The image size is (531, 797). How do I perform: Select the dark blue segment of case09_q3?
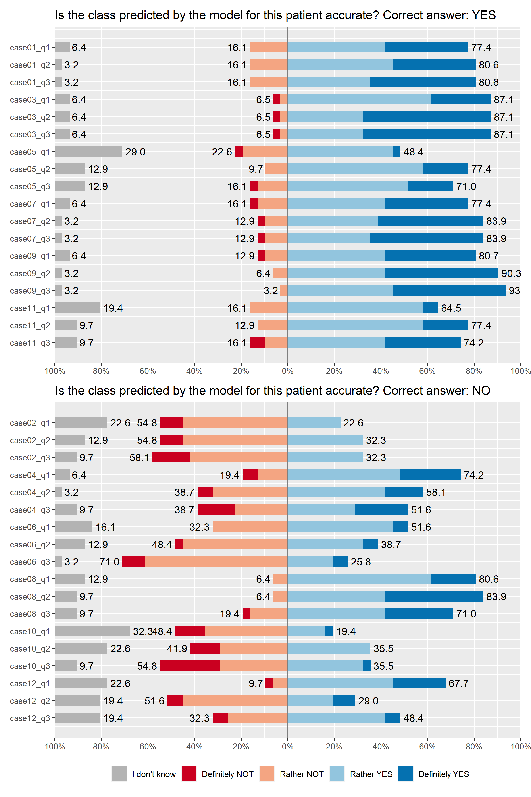449,290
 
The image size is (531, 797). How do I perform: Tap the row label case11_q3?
30,343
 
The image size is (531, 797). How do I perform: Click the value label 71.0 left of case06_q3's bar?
109,562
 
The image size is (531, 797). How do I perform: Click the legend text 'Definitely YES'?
444,774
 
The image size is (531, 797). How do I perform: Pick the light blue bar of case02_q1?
314,423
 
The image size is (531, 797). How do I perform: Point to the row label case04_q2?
30,492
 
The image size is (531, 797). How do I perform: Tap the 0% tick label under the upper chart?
287,371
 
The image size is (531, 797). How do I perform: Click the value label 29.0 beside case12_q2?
368,700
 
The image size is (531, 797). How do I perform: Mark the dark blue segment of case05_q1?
396,151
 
